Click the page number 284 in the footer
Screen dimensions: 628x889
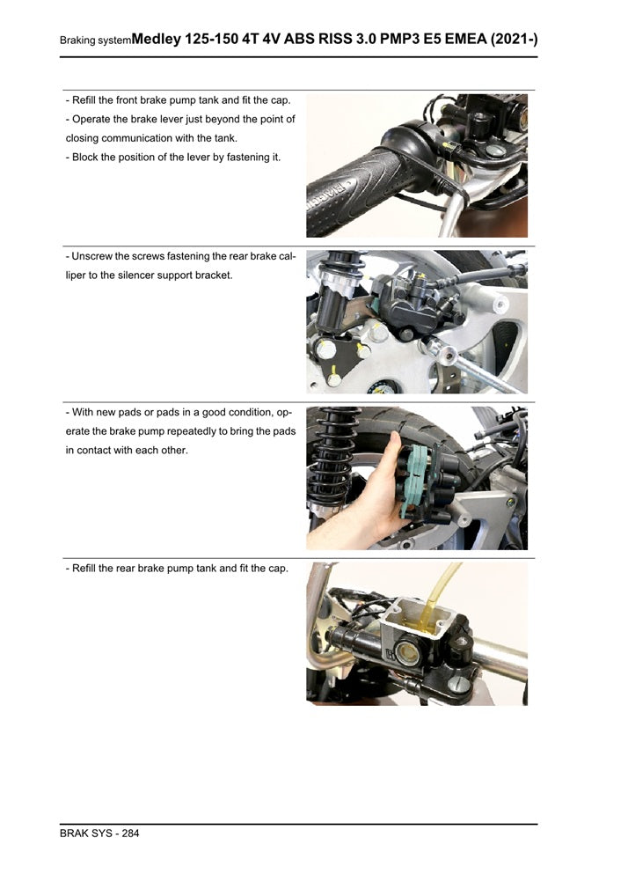tap(130, 834)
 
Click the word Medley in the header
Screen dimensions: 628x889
tap(157, 39)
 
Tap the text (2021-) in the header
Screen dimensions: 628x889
tap(515, 39)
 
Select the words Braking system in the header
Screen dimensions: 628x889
tap(95, 40)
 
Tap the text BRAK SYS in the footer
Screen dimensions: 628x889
tap(84, 834)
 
